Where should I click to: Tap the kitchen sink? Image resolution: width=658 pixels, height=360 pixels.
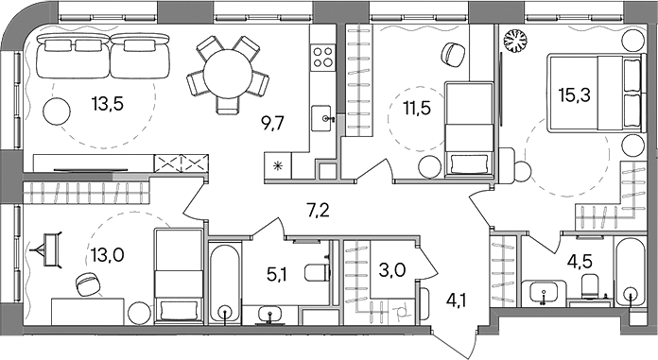326,118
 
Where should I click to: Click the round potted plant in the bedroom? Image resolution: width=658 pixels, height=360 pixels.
518,42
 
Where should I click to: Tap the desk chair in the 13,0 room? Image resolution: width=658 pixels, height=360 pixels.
89,283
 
